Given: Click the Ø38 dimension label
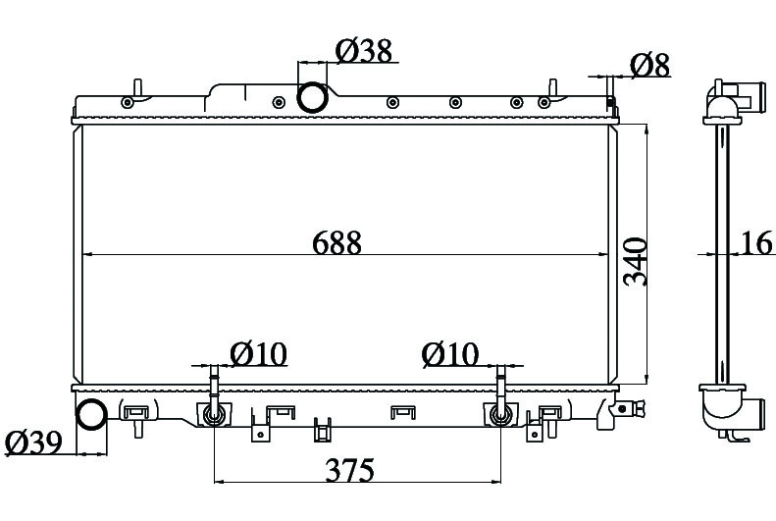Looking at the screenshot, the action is [x=364, y=50].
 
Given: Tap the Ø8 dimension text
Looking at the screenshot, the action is [x=649, y=65].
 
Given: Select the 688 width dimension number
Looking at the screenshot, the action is [x=337, y=243].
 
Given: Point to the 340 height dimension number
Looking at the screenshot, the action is [x=636, y=262].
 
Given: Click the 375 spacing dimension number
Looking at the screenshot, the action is [x=350, y=470].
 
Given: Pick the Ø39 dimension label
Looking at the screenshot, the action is [x=33, y=443].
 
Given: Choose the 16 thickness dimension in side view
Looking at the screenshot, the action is [x=757, y=243].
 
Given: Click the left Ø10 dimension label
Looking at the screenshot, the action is [x=258, y=354].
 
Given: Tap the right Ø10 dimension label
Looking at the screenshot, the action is [x=450, y=354].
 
